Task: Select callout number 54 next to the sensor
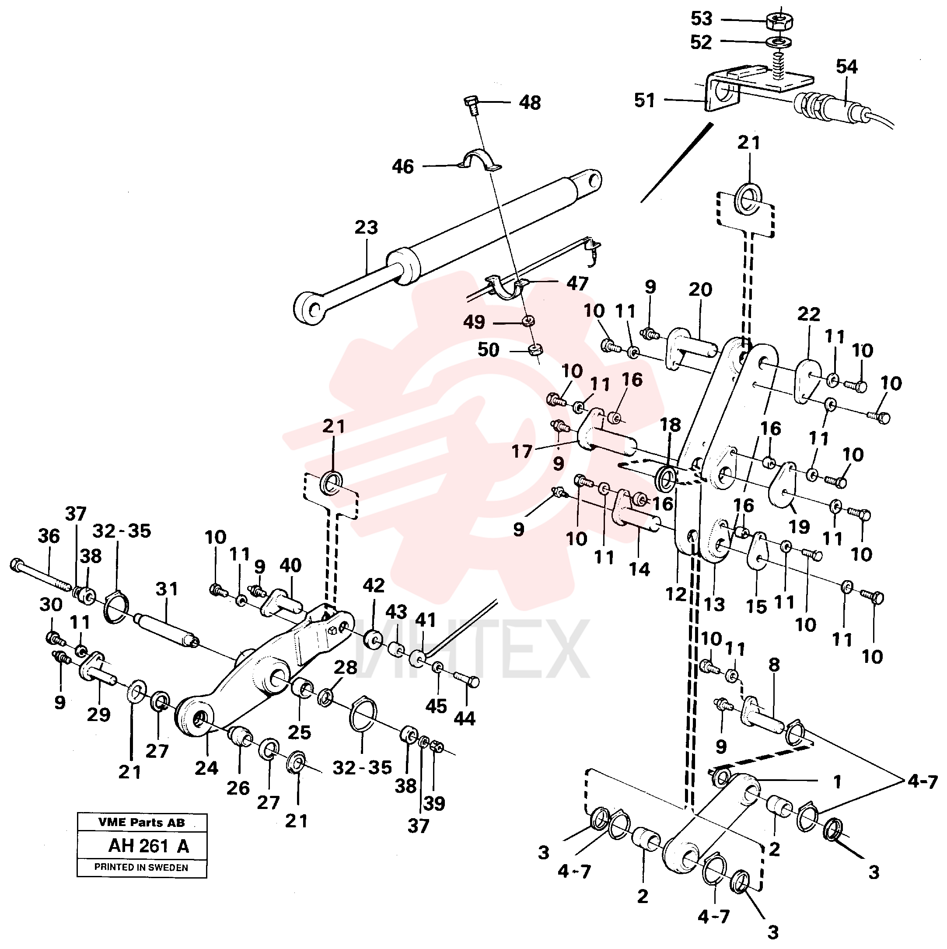coord(847,67)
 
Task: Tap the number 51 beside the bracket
coord(645,100)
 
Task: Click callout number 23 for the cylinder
coord(367,228)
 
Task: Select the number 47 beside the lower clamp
coord(578,284)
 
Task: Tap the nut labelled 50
coord(535,350)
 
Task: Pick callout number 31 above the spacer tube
coord(167,589)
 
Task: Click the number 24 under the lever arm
coord(206,768)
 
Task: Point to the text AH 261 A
coord(149,846)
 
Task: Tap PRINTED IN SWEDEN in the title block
coord(141,867)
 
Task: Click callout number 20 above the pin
coord(700,289)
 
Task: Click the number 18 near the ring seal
coord(671,425)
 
